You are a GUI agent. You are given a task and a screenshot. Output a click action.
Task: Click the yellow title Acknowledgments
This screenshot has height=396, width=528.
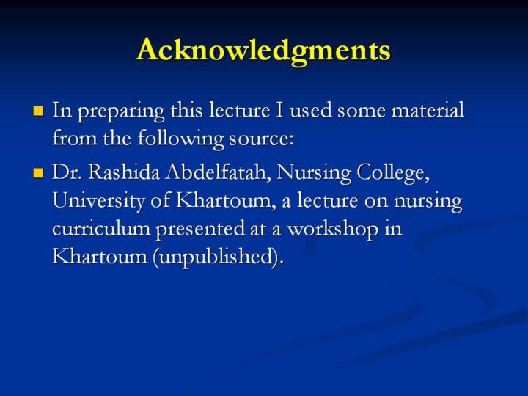coord(263,51)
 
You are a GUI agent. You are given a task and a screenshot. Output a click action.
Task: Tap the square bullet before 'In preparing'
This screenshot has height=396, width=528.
coord(38,111)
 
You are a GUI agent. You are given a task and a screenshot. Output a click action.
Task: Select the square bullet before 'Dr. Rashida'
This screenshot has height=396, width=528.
coord(38,173)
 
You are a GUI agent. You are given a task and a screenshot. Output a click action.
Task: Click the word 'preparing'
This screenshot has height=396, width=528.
coord(121,111)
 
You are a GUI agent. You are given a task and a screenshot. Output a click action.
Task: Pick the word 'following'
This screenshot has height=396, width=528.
coord(181,139)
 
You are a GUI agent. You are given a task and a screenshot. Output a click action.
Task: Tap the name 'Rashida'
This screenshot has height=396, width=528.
coord(124,172)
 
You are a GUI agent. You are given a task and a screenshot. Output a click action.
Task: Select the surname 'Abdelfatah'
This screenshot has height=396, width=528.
coord(219,172)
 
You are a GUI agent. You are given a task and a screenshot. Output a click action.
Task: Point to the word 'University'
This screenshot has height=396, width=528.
coord(99,202)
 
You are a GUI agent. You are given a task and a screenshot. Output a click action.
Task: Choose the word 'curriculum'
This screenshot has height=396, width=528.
coord(101,229)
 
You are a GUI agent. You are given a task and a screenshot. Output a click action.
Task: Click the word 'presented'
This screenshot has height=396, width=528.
coord(200,230)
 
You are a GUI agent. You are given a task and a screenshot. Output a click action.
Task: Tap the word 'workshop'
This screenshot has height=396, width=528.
coord(333,230)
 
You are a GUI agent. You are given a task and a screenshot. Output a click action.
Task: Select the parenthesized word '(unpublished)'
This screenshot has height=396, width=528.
coord(219,257)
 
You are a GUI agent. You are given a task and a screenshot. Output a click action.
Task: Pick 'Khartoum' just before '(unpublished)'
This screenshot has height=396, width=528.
coord(100,257)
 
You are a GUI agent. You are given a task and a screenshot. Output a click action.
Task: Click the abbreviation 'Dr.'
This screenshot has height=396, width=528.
coord(67,172)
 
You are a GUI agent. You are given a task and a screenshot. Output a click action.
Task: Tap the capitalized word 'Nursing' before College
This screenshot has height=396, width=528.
coord(314,173)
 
